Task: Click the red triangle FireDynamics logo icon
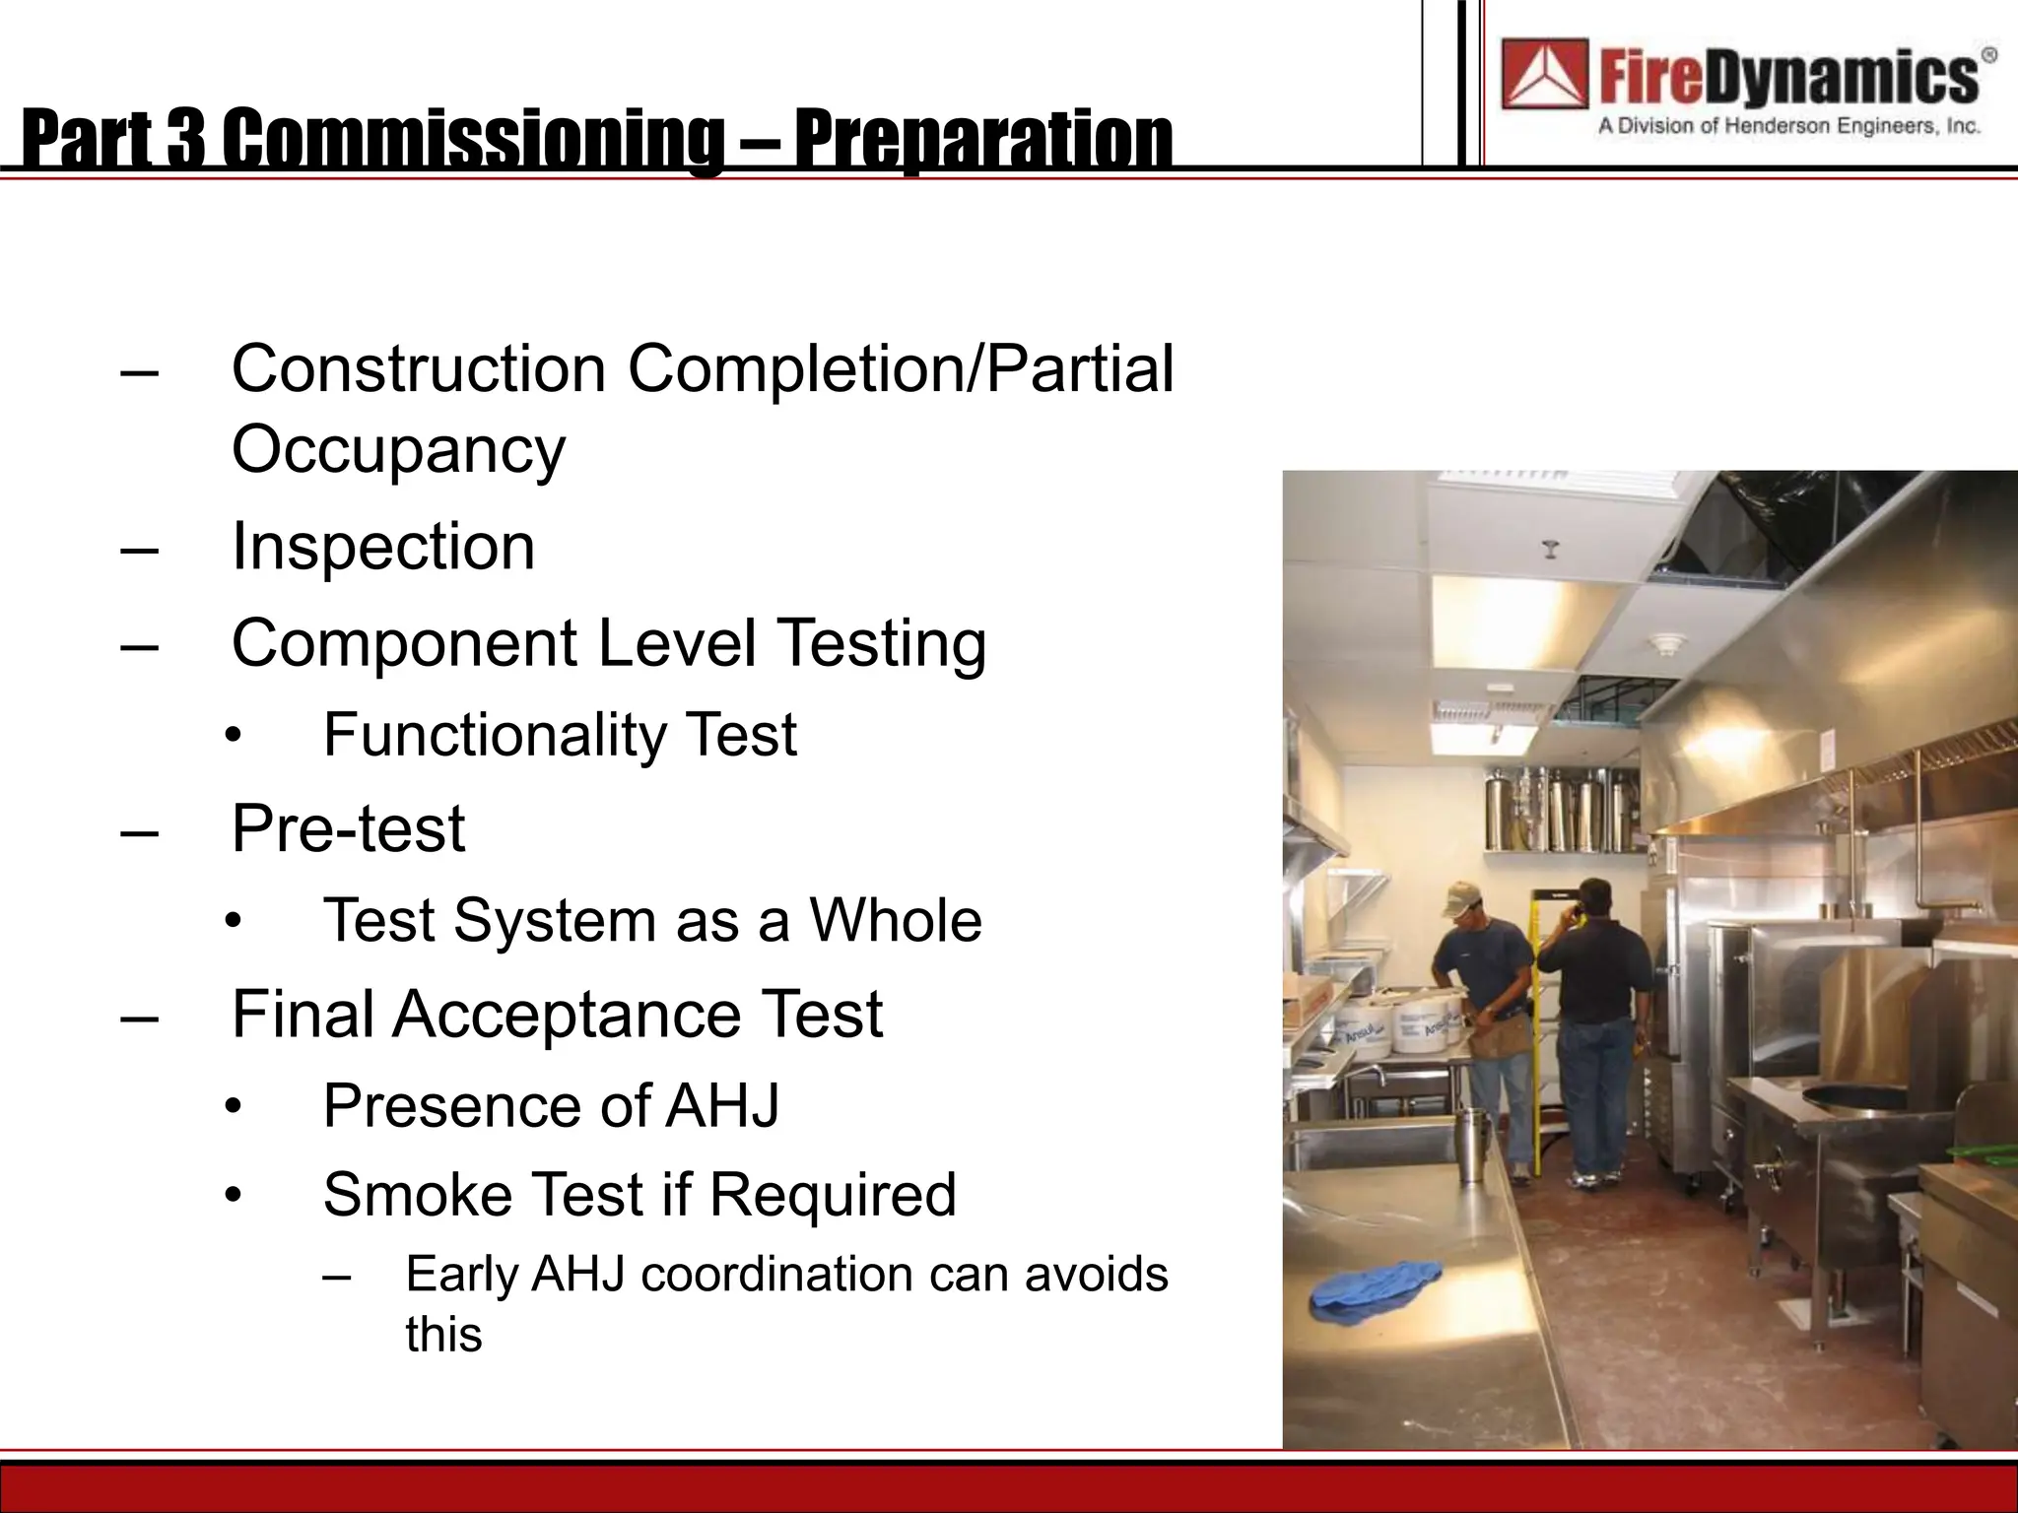pyautogui.click(x=1544, y=73)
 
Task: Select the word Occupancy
pyautogui.click(x=398, y=449)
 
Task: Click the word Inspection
pyautogui.click(x=383, y=547)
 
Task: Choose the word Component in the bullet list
pyautogui.click(x=404, y=644)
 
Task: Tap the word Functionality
pyautogui.click(x=495, y=735)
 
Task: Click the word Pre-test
pyautogui.click(x=348, y=828)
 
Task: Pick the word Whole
pyautogui.click(x=896, y=921)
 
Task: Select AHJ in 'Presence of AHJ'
pyautogui.click(x=722, y=1106)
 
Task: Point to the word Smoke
pyautogui.click(x=418, y=1195)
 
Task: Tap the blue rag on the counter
pyautogui.click(x=1375, y=1286)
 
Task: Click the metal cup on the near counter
pyautogui.click(x=1472, y=1145)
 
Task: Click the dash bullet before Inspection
pyautogui.click(x=139, y=549)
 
